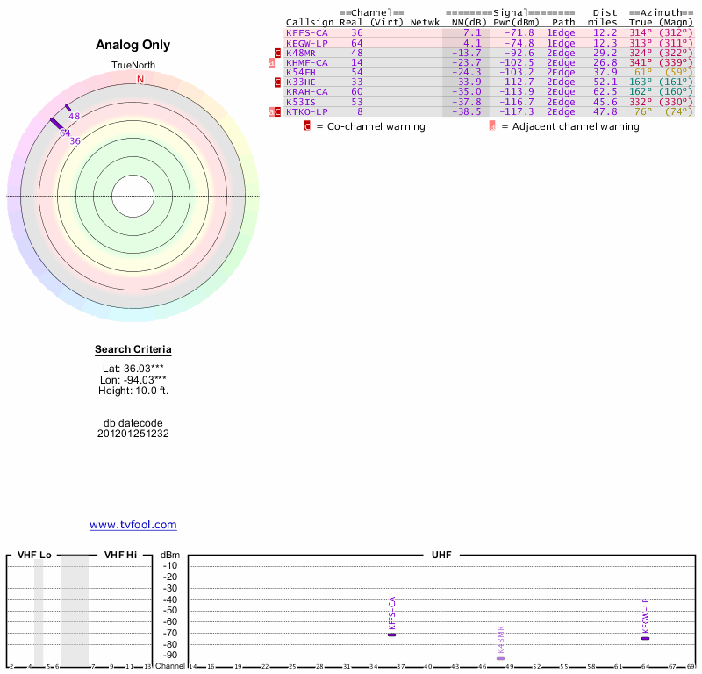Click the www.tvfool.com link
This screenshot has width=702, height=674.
(x=133, y=525)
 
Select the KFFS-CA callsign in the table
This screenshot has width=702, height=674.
(x=306, y=32)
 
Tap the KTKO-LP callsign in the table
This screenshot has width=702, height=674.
(x=306, y=111)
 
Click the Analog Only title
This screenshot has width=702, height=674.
(x=133, y=45)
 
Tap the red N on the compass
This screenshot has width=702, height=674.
(x=140, y=79)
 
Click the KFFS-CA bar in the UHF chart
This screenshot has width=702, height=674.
(x=392, y=634)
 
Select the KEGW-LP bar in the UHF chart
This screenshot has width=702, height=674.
(x=645, y=638)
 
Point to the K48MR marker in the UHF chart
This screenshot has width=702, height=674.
(x=500, y=657)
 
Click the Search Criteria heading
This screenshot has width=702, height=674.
(x=133, y=349)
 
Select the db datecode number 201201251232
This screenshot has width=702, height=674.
(x=133, y=434)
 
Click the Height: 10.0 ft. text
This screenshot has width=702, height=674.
(x=133, y=391)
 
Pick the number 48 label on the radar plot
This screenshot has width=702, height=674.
(x=75, y=117)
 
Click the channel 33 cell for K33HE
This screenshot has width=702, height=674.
(x=356, y=82)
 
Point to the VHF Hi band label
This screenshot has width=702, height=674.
(x=120, y=555)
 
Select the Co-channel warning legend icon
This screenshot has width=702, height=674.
(x=307, y=126)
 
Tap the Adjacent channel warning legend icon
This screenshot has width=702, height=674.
(x=492, y=126)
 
